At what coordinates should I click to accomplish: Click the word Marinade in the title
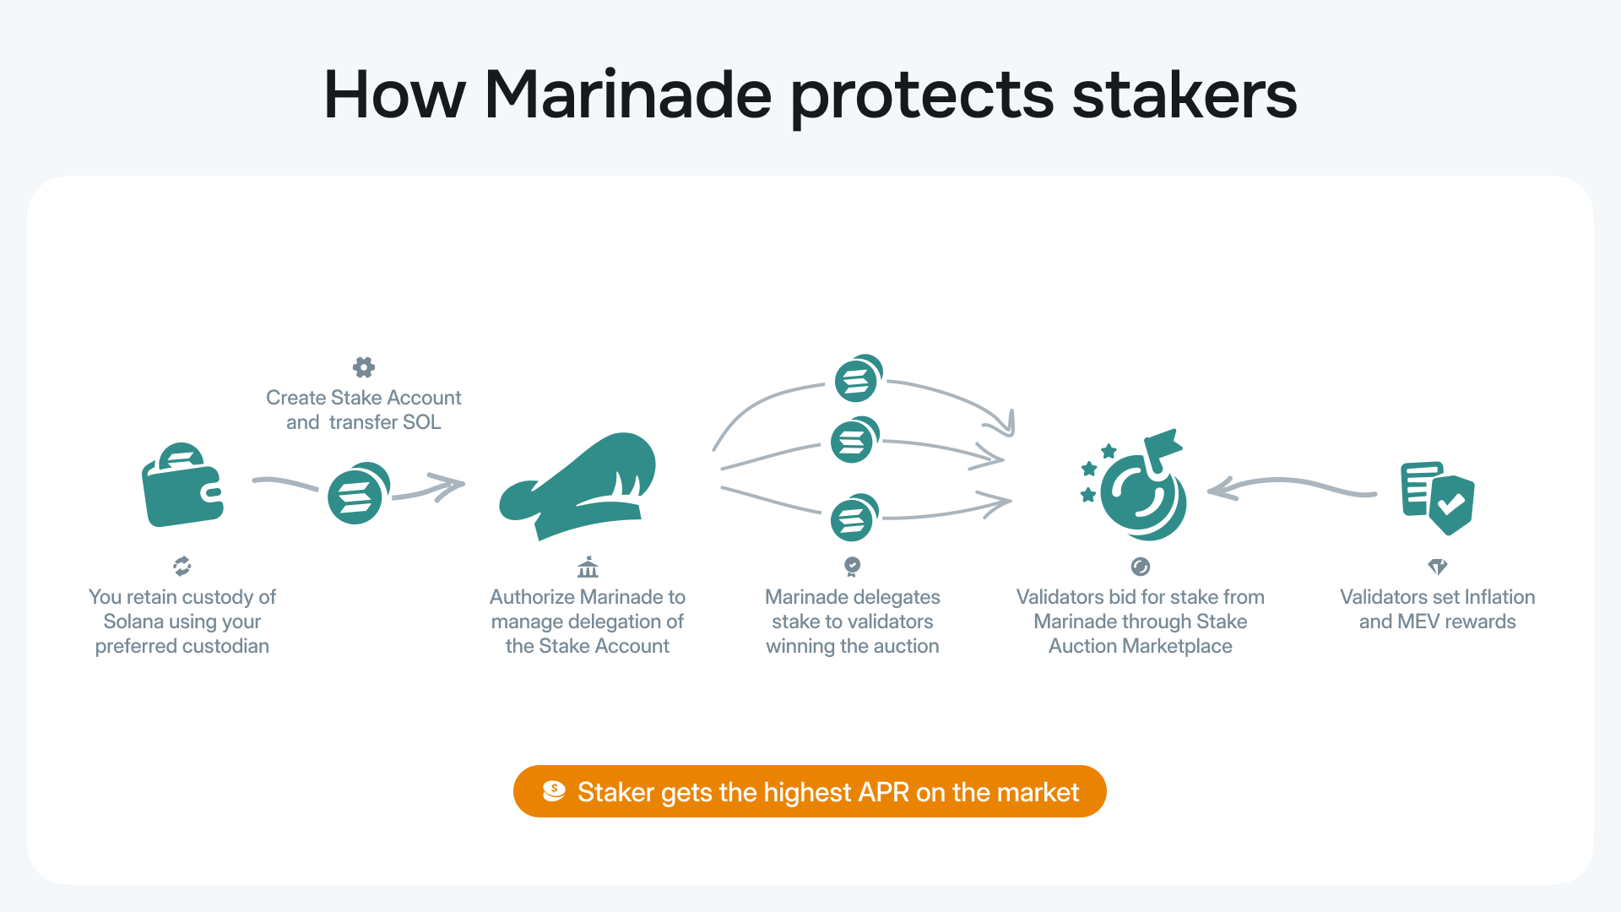tap(627, 95)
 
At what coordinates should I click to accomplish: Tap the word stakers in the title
tap(1184, 95)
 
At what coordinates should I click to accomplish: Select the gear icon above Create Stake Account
tap(364, 367)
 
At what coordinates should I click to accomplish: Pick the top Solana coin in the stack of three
tap(858, 379)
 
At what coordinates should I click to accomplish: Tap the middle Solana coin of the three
tap(854, 440)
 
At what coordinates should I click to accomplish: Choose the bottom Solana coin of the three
tap(854, 518)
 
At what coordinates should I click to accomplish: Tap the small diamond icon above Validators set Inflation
tap(1437, 566)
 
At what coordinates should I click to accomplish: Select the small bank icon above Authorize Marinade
tap(588, 567)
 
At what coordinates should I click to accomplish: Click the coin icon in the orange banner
tap(554, 791)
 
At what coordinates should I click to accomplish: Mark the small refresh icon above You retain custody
tap(182, 566)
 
